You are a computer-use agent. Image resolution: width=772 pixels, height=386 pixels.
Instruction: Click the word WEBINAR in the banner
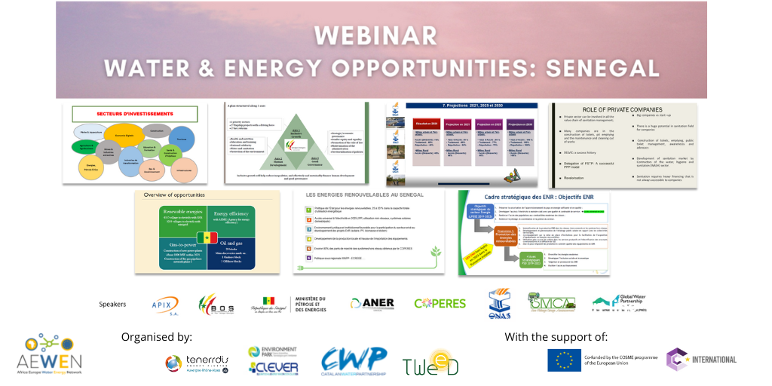pos(375,35)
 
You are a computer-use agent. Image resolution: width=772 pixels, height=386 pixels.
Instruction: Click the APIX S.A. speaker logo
pos(164,304)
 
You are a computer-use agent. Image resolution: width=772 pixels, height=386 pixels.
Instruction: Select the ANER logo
pos(372,303)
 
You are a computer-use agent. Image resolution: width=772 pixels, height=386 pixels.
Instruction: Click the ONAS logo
pos(500,304)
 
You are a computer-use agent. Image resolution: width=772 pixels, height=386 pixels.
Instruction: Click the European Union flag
pos(564,360)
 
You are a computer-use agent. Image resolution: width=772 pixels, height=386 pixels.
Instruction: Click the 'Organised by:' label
pos(156,336)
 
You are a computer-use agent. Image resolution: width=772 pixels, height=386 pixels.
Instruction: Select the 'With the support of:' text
pos(556,336)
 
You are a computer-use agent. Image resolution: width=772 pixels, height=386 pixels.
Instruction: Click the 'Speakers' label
pos(113,305)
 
